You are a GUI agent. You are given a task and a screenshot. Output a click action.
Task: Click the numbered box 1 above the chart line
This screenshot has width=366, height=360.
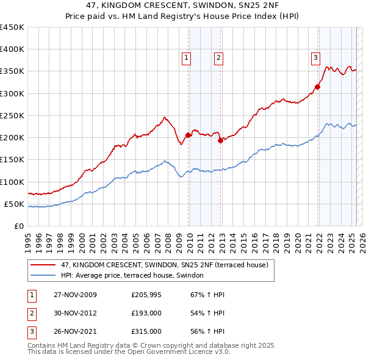coord(186,59)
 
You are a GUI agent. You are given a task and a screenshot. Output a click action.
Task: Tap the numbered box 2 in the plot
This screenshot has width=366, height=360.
coord(218,59)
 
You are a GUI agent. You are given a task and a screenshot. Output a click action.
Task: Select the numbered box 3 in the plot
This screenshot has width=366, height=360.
coord(315,59)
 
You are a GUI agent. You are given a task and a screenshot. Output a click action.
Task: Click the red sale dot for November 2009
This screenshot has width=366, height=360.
coord(188,135)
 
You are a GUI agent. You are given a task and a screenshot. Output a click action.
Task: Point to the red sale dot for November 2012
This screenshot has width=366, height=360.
coord(220,140)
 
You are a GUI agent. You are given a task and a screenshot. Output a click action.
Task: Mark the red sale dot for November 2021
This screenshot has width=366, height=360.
coord(318,87)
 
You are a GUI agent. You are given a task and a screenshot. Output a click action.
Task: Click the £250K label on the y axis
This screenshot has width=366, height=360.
coord(12,115)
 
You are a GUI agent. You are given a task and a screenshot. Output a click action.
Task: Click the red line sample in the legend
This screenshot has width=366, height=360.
coord(43,265)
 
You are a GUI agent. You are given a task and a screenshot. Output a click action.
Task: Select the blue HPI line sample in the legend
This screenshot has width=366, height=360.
coord(43,276)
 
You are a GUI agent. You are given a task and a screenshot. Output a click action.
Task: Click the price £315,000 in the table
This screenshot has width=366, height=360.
coord(146,333)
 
